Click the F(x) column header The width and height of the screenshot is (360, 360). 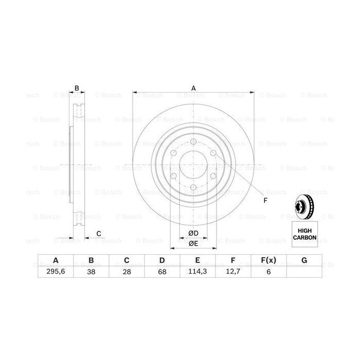click(268, 261)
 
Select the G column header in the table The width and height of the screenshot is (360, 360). click(304, 261)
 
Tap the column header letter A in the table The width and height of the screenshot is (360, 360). click(56, 261)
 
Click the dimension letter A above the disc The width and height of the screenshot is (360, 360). click(194, 88)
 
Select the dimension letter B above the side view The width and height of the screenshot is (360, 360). click(77, 88)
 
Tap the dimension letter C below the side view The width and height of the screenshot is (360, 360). click(98, 234)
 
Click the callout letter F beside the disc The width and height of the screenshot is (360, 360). click(265, 200)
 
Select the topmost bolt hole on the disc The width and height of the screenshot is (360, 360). click(193, 142)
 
